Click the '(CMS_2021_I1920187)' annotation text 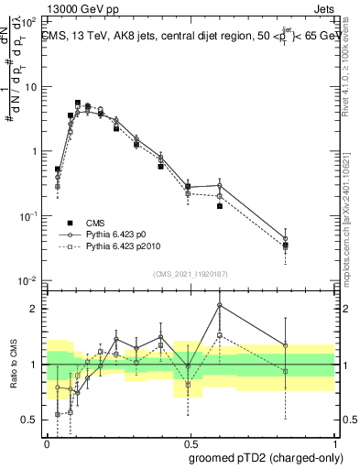click(x=190, y=272)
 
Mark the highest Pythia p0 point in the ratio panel click(x=220, y=305)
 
